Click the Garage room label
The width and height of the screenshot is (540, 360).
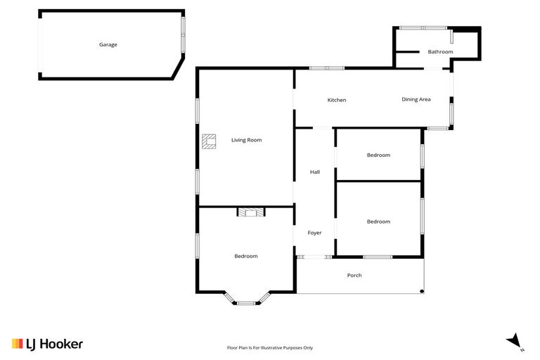(108, 44)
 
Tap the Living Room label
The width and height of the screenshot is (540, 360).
(246, 140)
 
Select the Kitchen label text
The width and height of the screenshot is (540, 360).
(337, 100)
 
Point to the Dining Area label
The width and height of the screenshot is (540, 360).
(416, 99)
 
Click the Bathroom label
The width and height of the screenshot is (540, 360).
(440, 51)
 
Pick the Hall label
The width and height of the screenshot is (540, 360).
(315, 172)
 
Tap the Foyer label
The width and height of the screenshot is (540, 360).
(314, 233)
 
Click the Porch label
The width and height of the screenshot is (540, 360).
(354, 275)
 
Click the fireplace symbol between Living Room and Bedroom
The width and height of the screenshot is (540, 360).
(251, 212)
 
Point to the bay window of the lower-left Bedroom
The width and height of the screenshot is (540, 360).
(245, 302)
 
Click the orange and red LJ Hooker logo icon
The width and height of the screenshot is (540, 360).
(18, 344)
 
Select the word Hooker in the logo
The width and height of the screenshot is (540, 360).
(60, 344)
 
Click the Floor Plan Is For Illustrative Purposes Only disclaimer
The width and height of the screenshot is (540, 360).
(269, 347)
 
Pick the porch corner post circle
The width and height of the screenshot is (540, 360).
(422, 291)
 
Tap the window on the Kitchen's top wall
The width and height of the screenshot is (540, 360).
(327, 67)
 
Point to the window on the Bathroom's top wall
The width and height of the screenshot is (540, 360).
(423, 28)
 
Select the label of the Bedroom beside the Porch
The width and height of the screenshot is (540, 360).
(378, 221)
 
